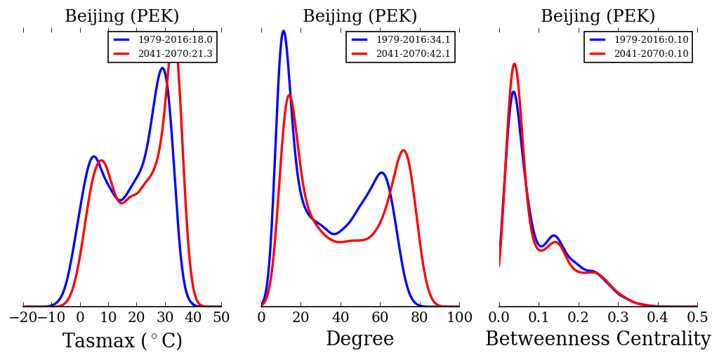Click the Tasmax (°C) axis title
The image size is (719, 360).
[x=122, y=341]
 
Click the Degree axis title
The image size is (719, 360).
[x=359, y=340]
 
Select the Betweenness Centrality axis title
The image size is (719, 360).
[x=598, y=340]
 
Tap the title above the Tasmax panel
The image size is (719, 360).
[x=122, y=17]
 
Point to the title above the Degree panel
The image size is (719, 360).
[x=359, y=17]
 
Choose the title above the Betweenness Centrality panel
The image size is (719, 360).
[x=598, y=17]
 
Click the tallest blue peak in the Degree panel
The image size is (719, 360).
[x=283, y=31]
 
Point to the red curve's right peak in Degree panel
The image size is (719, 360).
[x=403, y=150]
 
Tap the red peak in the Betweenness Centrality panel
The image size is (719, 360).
[x=514, y=64]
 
